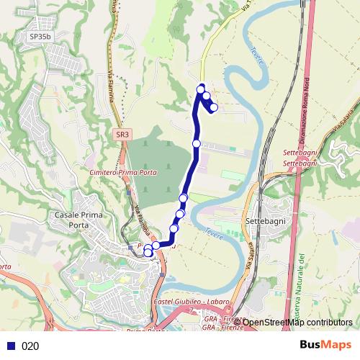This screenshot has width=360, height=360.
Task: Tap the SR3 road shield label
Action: click(x=122, y=134)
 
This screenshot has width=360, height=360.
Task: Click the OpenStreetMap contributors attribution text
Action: click(x=297, y=322)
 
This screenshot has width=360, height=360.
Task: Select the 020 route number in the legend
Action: click(x=30, y=346)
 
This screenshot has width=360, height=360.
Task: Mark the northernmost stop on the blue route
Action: click(x=201, y=89)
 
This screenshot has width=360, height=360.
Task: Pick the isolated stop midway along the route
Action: click(x=197, y=144)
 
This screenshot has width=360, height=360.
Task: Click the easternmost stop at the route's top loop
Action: click(x=214, y=107)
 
